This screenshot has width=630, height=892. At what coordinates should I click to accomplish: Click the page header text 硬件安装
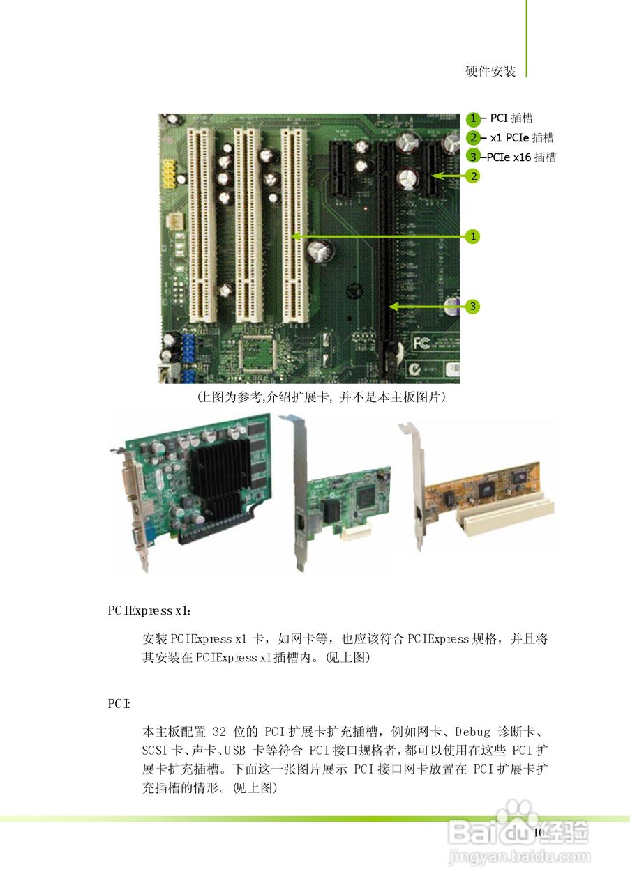click(x=490, y=71)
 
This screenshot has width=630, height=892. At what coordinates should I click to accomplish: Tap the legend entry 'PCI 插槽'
click(x=511, y=118)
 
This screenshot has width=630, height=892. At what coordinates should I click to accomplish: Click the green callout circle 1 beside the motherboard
click(x=473, y=237)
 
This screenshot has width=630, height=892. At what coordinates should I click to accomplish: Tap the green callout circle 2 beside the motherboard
click(x=473, y=176)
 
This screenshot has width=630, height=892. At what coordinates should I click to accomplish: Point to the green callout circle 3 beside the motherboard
click(x=473, y=307)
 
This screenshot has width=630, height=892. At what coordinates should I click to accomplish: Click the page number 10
click(x=538, y=833)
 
